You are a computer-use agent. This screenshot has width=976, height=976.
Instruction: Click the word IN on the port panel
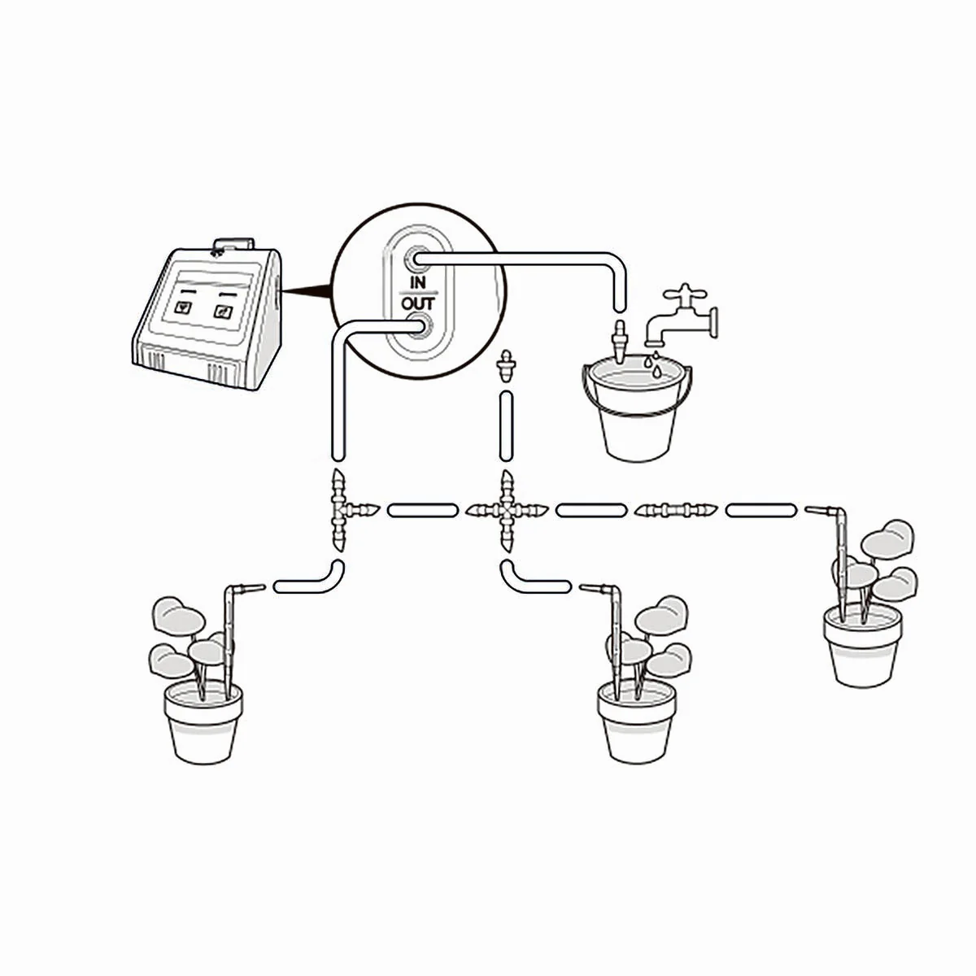(x=417, y=282)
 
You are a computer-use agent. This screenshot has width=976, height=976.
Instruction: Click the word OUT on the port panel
(x=418, y=304)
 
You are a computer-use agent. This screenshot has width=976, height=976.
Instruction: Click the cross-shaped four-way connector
(x=507, y=511)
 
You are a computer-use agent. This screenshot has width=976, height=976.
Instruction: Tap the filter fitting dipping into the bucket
(x=620, y=340)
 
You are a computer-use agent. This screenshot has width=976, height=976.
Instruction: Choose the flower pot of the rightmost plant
(x=863, y=646)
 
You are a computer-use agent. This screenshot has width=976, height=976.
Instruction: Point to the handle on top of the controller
(x=233, y=244)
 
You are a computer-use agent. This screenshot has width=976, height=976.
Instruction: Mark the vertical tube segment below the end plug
(x=506, y=426)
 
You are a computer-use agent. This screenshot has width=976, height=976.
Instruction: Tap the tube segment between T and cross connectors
(x=423, y=510)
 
